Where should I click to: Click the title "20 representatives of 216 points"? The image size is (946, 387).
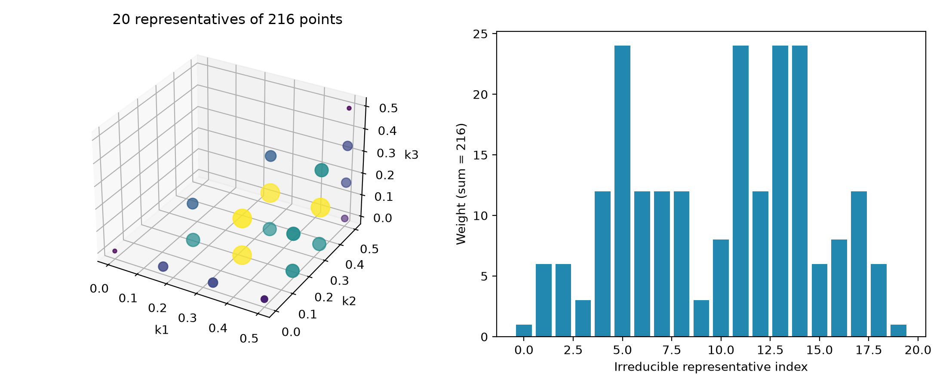click(x=227, y=20)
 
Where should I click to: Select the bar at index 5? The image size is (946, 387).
click(x=622, y=191)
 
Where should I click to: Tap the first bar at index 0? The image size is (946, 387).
click(x=524, y=331)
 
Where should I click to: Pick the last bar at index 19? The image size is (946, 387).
click(x=898, y=331)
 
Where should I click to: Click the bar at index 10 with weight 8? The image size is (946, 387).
click(x=721, y=288)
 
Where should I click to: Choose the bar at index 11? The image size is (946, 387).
click(x=740, y=191)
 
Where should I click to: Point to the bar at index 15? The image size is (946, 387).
click(x=820, y=300)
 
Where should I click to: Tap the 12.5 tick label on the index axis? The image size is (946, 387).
click(x=770, y=350)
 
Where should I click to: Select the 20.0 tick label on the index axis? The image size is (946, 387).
click(x=918, y=350)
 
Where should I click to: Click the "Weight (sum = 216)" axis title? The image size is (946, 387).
click(x=461, y=184)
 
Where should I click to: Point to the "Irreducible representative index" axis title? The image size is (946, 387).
click(x=711, y=367)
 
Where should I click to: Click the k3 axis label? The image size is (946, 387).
click(x=412, y=155)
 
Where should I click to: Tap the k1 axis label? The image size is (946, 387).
click(x=162, y=330)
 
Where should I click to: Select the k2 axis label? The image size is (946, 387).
click(x=349, y=301)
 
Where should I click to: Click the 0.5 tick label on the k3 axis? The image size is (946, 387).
click(x=388, y=108)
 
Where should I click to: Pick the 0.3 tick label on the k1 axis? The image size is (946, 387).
click(x=187, y=318)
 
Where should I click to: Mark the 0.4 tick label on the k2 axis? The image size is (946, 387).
click(x=354, y=264)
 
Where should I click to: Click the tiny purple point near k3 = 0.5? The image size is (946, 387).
click(x=349, y=108)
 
